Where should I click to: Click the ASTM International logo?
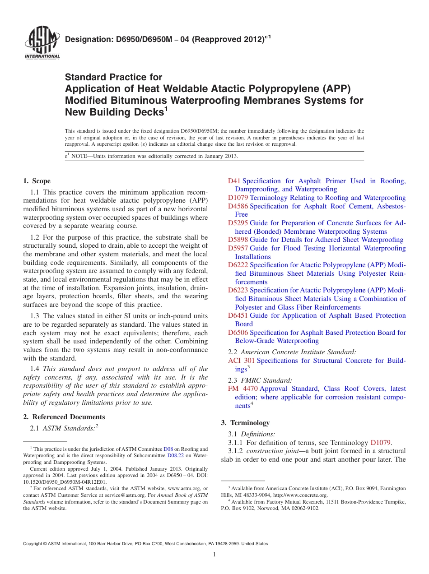(x=42, y=44)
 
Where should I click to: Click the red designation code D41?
(x=234, y=181)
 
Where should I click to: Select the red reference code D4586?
(x=238, y=206)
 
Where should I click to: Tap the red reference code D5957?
(x=238, y=248)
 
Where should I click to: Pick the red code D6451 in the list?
(x=238, y=315)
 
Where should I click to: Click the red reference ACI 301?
(x=241, y=361)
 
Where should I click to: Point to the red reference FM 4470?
(x=242, y=389)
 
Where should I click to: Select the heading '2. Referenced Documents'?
(x=64, y=417)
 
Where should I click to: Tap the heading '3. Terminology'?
(x=245, y=423)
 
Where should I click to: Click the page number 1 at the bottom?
(x=214, y=554)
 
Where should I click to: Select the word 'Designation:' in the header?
(x=88, y=40)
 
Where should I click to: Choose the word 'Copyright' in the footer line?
(x=33, y=544)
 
